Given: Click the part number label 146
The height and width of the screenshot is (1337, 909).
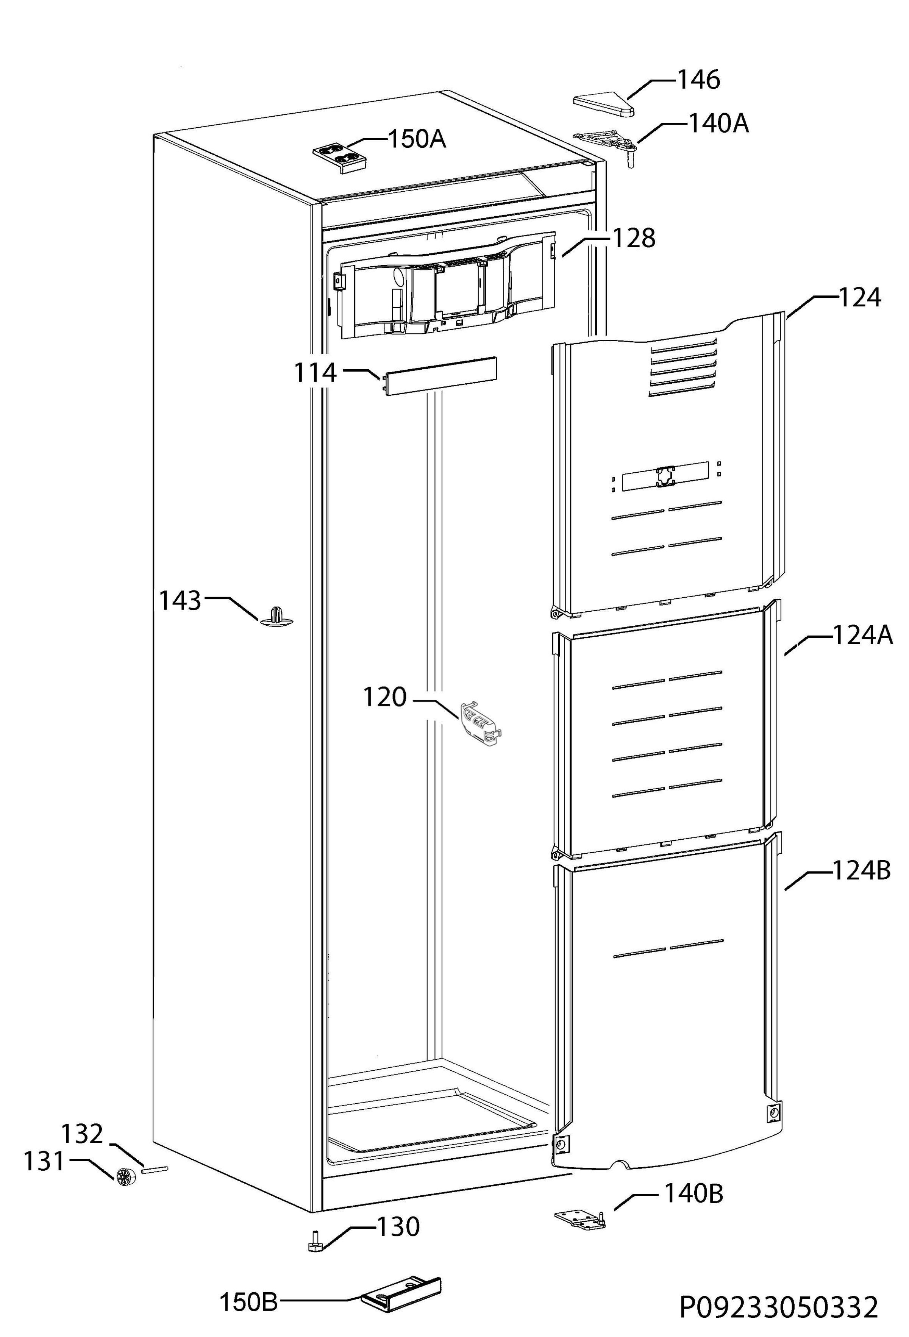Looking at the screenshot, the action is pos(698,80).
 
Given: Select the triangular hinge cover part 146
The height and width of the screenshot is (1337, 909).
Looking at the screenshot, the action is pos(603,106).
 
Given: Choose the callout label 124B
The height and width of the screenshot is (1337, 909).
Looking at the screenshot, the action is pos(862,870).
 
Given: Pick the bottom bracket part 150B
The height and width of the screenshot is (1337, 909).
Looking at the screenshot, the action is pos(401,1295).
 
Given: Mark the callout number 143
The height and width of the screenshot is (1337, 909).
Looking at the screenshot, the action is pos(180,601).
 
